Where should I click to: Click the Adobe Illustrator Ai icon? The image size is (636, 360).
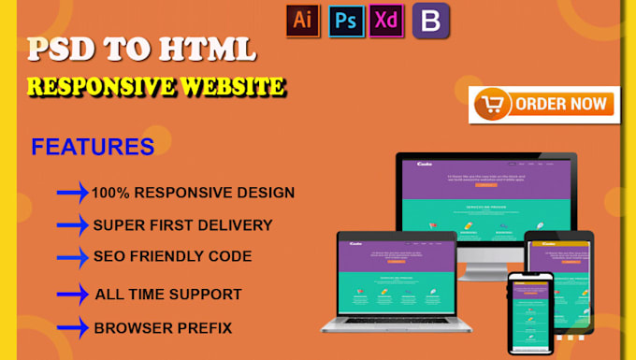[x=302, y=20]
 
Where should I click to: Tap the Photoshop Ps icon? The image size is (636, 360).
[x=344, y=20]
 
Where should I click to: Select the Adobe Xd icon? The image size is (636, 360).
[x=385, y=20]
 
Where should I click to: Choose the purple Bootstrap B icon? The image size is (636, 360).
[x=431, y=21]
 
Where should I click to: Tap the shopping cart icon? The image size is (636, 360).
[x=490, y=104]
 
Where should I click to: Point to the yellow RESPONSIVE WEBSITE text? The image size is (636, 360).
[x=156, y=86]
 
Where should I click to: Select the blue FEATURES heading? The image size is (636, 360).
[x=93, y=147]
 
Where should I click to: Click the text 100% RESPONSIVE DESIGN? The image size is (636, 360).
[x=193, y=193]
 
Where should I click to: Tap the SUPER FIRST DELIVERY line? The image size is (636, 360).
[x=182, y=225]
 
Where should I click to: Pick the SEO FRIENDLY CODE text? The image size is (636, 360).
[x=172, y=256]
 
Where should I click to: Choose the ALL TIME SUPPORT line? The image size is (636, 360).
[x=168, y=294]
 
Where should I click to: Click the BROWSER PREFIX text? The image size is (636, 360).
[x=163, y=328]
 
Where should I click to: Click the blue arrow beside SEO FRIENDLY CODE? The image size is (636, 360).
[x=72, y=257]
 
